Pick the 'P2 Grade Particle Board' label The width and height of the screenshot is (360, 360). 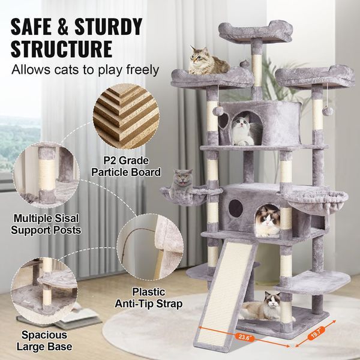coord(126,167)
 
